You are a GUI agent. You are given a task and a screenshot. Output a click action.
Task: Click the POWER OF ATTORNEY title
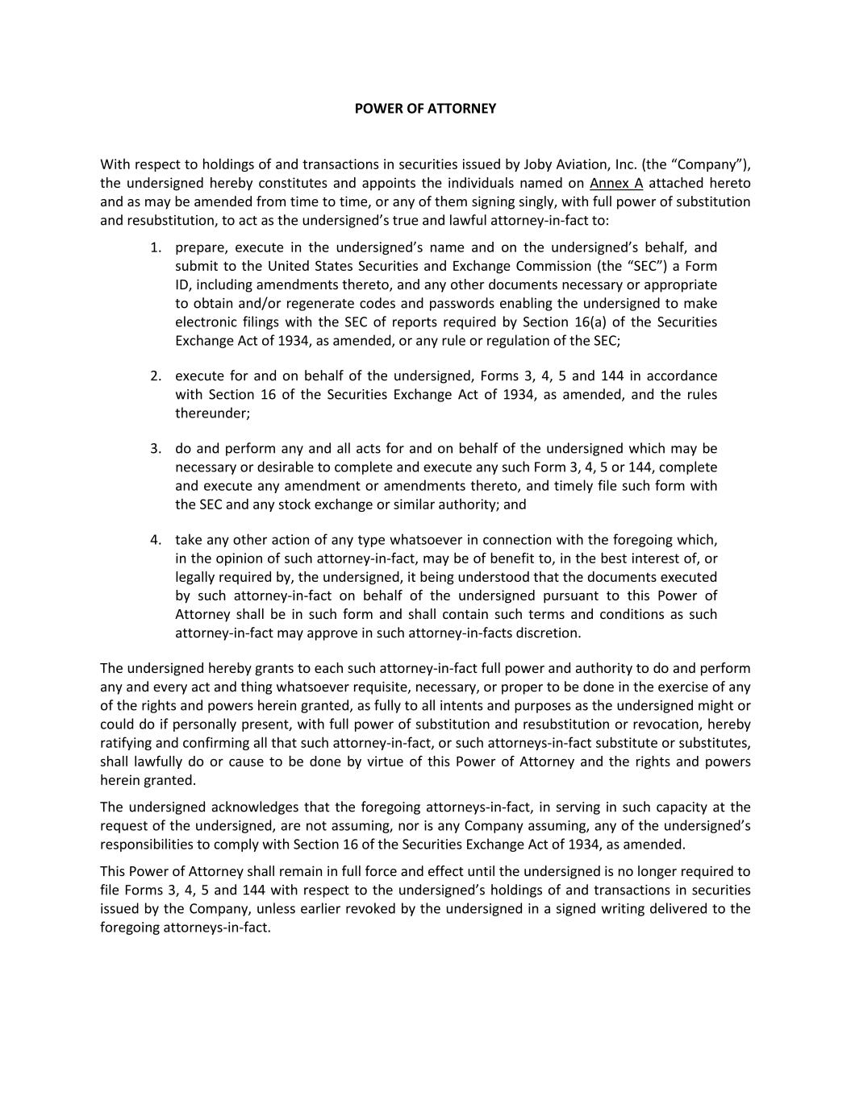(x=425, y=108)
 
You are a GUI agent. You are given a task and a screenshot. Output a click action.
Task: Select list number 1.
(x=156, y=247)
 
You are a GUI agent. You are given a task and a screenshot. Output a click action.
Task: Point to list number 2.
(x=156, y=376)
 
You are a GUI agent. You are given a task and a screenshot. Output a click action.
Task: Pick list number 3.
(x=156, y=449)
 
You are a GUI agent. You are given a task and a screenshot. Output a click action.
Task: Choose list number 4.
(x=156, y=541)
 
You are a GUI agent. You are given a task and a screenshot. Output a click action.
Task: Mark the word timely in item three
(x=574, y=486)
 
